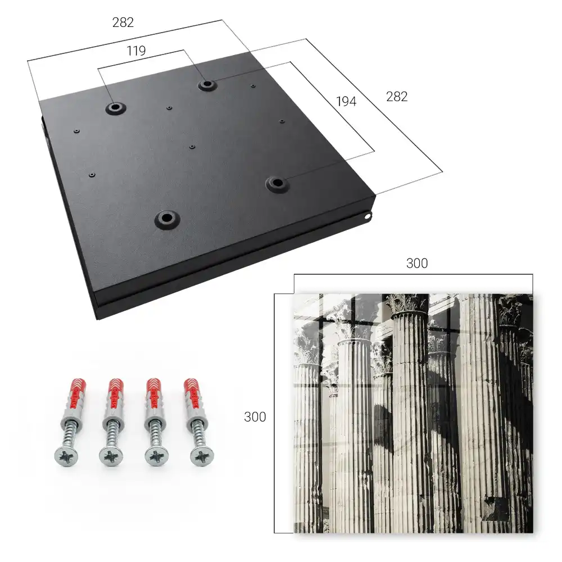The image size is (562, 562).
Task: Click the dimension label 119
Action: [x=136, y=51]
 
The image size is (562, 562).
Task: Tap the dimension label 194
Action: [x=346, y=101]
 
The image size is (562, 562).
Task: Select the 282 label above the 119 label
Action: [x=123, y=22]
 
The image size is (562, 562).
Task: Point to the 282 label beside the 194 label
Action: [x=397, y=97]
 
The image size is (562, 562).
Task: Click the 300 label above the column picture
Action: [x=417, y=264]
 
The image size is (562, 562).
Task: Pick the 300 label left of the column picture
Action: [x=255, y=417]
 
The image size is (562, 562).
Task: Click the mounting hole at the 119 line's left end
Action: [x=115, y=107]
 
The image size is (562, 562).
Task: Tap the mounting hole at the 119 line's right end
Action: [x=206, y=85]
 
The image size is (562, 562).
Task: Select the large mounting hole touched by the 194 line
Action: [x=277, y=184]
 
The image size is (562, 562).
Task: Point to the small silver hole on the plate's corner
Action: [x=368, y=216]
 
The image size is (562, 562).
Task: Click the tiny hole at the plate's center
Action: [x=192, y=147]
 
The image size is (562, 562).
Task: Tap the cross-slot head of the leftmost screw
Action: [x=66, y=456]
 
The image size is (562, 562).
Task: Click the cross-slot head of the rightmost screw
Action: [x=202, y=456]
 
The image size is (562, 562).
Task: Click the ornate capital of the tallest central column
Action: [x=409, y=303]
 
